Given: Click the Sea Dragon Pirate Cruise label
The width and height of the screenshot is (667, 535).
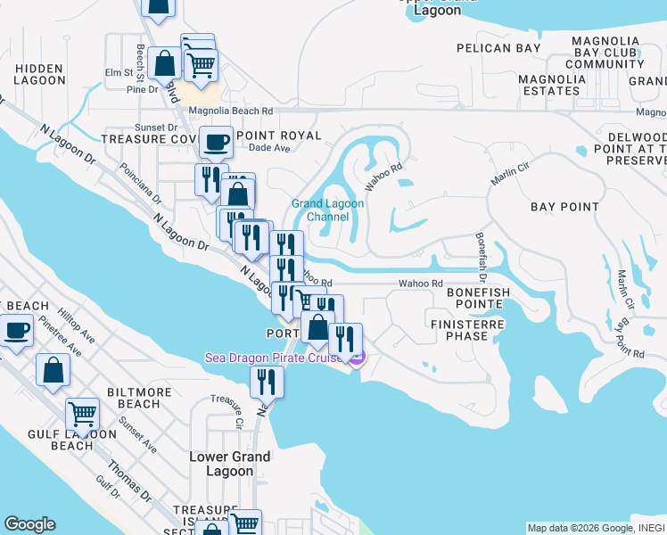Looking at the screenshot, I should tap(276, 358).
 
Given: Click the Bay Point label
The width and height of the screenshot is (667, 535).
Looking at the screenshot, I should tap(564, 207).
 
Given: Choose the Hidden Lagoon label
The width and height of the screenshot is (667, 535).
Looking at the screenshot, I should tap(39, 74).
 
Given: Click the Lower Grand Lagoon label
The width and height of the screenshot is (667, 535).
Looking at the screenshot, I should tap(229, 464).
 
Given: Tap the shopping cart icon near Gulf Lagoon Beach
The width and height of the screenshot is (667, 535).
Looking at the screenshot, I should tap(82, 413).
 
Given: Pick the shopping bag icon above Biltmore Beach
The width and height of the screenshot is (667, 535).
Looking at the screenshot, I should tap(53, 369).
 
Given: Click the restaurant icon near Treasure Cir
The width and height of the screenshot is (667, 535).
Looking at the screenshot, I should tap(266, 382).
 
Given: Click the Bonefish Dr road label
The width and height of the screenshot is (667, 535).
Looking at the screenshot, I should tap(482, 253).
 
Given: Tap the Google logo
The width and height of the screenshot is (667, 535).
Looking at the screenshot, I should tap(29, 524).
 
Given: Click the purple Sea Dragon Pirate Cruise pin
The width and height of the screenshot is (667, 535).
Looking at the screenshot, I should tap(356, 358).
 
